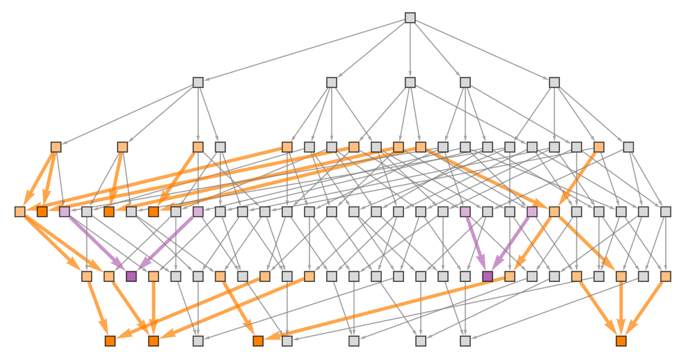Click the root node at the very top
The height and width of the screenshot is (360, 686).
click(410, 18)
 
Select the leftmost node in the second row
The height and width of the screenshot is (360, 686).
click(198, 82)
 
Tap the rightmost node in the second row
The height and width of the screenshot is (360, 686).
click(554, 82)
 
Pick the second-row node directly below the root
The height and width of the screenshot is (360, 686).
click(410, 82)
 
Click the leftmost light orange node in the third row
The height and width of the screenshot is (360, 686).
click(56, 147)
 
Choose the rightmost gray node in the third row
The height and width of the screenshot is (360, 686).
click(628, 147)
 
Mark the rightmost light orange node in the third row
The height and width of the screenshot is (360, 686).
click(598, 147)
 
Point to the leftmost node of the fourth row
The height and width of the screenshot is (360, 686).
click(20, 211)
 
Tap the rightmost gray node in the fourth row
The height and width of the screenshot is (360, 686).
click(665, 211)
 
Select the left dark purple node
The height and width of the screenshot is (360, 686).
click(131, 276)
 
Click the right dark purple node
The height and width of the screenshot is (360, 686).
click(488, 276)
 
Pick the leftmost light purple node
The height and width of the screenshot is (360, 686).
click(64, 211)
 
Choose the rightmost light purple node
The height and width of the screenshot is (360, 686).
click(532, 211)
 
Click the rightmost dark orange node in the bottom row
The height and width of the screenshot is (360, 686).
click(621, 341)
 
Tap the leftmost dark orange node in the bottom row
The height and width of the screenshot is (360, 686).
click(110, 341)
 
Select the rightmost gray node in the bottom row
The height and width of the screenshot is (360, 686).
click(465, 341)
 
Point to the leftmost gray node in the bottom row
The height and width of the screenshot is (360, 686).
click(198, 341)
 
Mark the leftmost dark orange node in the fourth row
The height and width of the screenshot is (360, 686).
click(42, 211)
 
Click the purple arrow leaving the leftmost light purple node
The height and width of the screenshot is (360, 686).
click(96, 242)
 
